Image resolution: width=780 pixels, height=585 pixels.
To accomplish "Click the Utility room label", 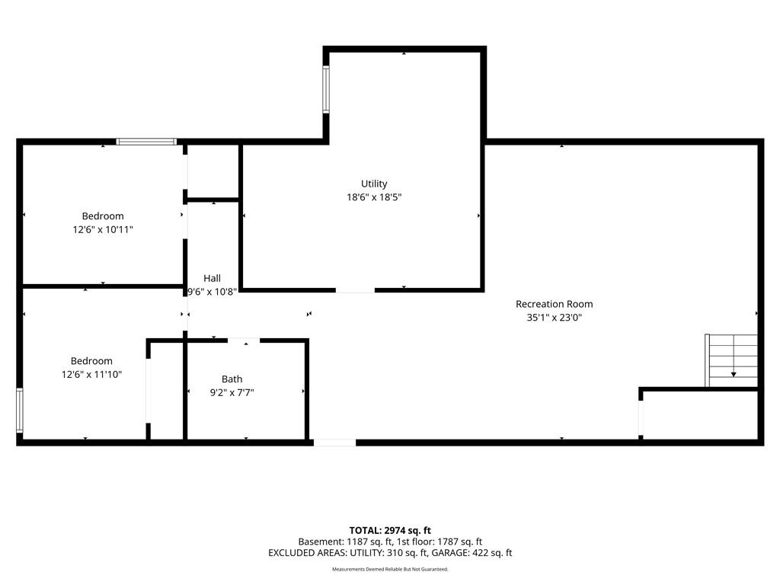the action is [x=374, y=184].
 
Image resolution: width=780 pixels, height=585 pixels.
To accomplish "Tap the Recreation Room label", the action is [x=555, y=304].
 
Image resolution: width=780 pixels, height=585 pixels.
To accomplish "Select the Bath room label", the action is [x=232, y=379].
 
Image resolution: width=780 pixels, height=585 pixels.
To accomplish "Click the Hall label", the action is [x=212, y=278].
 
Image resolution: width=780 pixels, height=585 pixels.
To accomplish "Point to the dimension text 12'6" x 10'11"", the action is [x=103, y=229].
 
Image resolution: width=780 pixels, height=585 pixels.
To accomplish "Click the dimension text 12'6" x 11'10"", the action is [x=91, y=374].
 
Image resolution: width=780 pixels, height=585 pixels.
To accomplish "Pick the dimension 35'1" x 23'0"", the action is [x=555, y=318].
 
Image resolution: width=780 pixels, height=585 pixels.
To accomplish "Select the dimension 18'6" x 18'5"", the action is [x=374, y=197].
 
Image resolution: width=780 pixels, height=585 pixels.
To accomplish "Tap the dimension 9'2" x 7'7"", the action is [x=232, y=392].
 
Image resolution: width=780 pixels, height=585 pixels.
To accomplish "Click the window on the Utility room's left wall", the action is [x=326, y=90].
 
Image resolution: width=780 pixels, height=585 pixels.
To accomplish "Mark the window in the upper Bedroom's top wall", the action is [x=146, y=142].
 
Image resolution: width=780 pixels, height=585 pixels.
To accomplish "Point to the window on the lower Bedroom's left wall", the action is [x=19, y=411].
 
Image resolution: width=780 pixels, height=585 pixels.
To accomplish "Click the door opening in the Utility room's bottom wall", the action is [x=355, y=289].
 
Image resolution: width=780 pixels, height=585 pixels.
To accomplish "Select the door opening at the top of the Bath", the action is [x=244, y=340].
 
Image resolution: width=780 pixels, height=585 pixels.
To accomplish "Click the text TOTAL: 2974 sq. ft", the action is [x=390, y=530].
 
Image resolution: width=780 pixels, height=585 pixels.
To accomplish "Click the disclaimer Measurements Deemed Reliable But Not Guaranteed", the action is [x=390, y=569].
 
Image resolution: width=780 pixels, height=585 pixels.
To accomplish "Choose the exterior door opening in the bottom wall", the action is [x=335, y=443].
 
